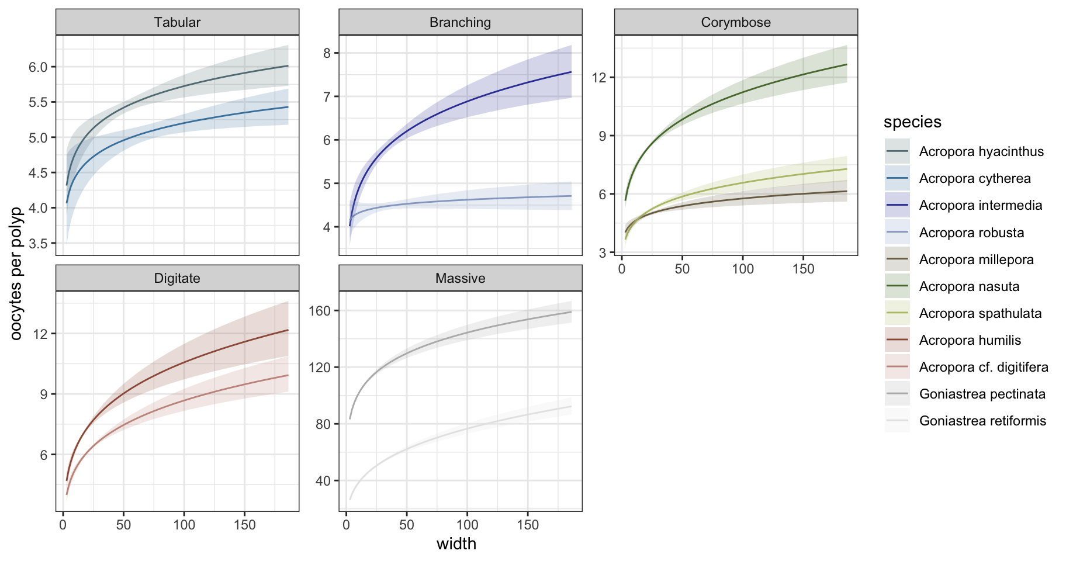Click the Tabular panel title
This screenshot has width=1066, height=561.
[x=177, y=22]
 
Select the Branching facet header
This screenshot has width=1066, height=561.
[x=460, y=22]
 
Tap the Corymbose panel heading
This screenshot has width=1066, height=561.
[x=736, y=22]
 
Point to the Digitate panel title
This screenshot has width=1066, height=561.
[x=177, y=278]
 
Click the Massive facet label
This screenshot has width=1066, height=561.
[x=460, y=278]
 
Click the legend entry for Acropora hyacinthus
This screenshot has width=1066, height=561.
[x=981, y=151]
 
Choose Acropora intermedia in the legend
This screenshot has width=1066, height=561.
[x=981, y=205]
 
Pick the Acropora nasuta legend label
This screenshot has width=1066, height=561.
[x=969, y=286]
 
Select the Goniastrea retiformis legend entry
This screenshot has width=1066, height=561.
[x=982, y=421]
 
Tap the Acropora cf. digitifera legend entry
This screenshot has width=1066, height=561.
[x=984, y=367]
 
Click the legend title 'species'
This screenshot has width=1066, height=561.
[x=912, y=122]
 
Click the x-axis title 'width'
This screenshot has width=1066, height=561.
[x=456, y=544]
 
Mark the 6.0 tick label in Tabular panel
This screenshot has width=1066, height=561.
[x=38, y=67]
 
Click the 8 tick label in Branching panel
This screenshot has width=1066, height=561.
[x=327, y=53]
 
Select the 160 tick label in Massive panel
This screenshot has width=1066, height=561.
[x=319, y=310]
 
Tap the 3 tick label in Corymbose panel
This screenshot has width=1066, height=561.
[x=603, y=252]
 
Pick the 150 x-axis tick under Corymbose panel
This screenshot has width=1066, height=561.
[x=803, y=269]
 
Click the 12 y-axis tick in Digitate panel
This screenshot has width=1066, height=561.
[x=41, y=334]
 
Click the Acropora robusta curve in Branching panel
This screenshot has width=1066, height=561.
[x=468, y=200]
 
